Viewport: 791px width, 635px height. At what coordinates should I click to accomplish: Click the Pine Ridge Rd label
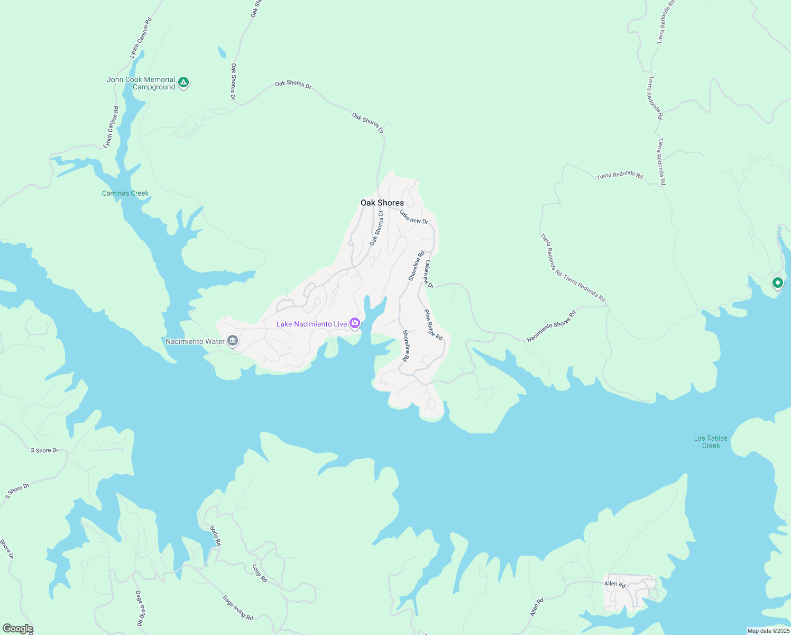[x=433, y=324]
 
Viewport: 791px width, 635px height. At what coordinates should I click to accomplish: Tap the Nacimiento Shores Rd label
[x=551, y=326]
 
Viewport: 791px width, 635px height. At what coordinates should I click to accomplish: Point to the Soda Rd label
[x=215, y=536]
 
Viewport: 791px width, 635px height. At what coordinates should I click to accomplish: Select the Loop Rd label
[x=260, y=573]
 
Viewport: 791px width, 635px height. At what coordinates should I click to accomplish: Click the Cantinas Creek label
[x=125, y=193]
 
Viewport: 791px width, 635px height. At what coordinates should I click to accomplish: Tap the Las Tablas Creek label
[x=711, y=442]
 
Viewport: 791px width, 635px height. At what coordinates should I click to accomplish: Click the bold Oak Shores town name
[x=382, y=203]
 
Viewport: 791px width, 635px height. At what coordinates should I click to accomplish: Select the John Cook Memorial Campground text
[x=141, y=83]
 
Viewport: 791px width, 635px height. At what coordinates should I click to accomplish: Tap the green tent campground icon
[x=183, y=82]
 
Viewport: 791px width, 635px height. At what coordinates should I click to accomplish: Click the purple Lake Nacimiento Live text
[x=311, y=324]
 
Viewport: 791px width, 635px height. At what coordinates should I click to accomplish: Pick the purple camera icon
[x=355, y=323]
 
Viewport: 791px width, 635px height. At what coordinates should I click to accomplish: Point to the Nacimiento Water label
[x=195, y=341]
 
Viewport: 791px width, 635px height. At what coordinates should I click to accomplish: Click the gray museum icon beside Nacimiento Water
[x=232, y=341]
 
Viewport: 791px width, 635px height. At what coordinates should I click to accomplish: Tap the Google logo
[x=17, y=629]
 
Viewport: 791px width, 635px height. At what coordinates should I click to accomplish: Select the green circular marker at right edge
[x=777, y=283]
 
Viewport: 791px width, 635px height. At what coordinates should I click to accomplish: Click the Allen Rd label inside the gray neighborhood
[x=614, y=584]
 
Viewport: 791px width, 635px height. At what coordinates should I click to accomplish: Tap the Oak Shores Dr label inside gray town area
[x=376, y=228]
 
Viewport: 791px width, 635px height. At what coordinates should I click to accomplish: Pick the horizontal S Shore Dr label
[x=44, y=450]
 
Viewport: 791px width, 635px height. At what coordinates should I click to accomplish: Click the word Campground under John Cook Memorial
[x=153, y=87]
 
